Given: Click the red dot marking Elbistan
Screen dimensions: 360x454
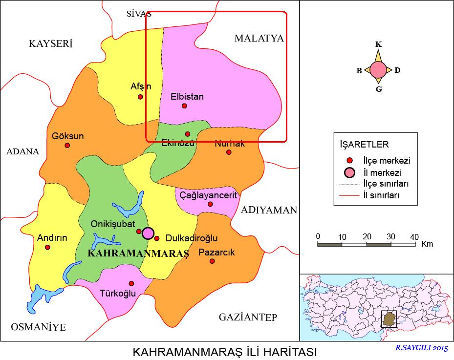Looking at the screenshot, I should point(184,106).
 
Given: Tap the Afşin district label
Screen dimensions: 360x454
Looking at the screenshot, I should point(141,86).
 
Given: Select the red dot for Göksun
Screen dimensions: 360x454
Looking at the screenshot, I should point(67,145).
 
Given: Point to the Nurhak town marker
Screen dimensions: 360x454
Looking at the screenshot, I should point(229,152).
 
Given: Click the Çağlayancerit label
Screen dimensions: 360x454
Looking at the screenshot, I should point(208,195).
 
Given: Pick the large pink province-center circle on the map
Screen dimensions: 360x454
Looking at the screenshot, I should point(148,233).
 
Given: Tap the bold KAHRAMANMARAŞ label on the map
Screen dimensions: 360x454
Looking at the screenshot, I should point(137,254).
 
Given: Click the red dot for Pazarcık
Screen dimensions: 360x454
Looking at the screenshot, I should point(212,261).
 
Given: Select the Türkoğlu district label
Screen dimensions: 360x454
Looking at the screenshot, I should point(117,294).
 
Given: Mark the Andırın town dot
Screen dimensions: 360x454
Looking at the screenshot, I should point(48,247).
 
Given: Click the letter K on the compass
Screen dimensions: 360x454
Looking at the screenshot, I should point(378,44).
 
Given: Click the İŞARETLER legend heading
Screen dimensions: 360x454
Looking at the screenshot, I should point(364,145).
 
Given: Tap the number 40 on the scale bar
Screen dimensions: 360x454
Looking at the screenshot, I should point(414,236).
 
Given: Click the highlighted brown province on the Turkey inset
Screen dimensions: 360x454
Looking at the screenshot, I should point(389,320).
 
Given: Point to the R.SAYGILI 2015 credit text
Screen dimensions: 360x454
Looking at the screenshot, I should point(421,348).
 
